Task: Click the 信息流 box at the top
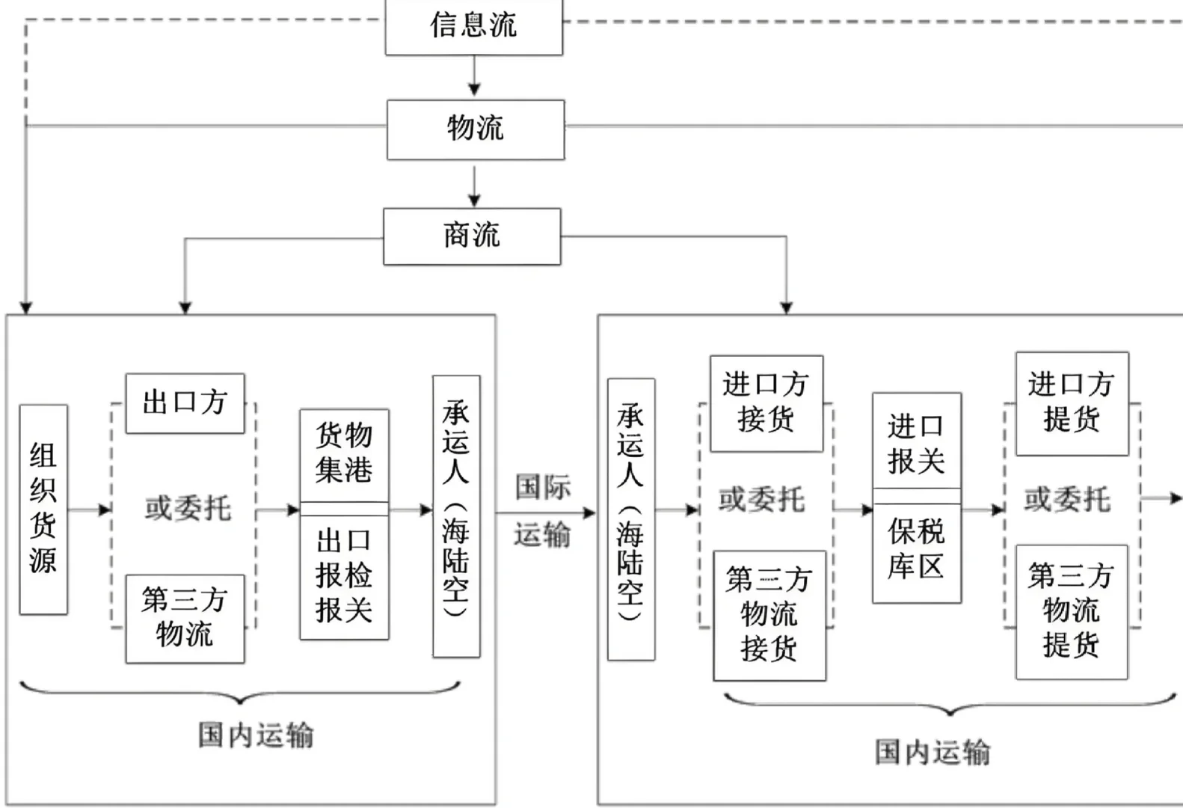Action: coord(473,26)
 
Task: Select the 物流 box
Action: coord(475,129)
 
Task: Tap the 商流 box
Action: coord(471,236)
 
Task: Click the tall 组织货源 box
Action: coord(43,509)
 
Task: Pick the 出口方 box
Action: coord(185,403)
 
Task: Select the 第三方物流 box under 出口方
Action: coord(185,618)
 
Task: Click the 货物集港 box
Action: coord(344,454)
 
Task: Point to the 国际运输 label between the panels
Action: coord(543,510)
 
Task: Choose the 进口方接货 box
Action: coord(766,403)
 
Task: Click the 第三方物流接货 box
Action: coord(769,615)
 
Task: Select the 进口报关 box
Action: coord(916,441)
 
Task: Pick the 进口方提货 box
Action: coord(1071,403)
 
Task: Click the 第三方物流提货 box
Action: coord(1071,611)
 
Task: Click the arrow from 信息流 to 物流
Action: coord(474,77)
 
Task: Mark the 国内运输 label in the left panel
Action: coord(256,735)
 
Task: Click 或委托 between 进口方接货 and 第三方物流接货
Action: coord(762,500)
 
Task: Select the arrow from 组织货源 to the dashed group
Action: coord(89,510)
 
